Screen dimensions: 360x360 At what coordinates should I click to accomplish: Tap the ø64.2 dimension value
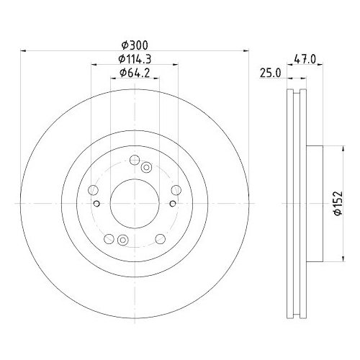pos(134,73)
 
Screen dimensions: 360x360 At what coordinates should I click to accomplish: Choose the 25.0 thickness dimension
pos(271,73)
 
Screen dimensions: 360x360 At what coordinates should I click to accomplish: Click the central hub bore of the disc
pos(135,203)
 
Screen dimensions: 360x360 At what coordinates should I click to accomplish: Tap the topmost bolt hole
pos(134,161)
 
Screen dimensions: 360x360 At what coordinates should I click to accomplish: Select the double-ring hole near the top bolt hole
pos(146,168)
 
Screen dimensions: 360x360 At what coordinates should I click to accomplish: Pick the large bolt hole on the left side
pos(94,190)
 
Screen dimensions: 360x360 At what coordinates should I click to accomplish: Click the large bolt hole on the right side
pos(176,190)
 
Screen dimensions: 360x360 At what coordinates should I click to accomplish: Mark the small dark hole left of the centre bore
pos(97,204)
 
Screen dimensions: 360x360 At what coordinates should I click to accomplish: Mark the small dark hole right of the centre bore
pos(173,204)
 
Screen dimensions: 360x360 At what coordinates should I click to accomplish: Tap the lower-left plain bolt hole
pos(109,238)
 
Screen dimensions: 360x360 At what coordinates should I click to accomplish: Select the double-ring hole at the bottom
pos(122,240)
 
